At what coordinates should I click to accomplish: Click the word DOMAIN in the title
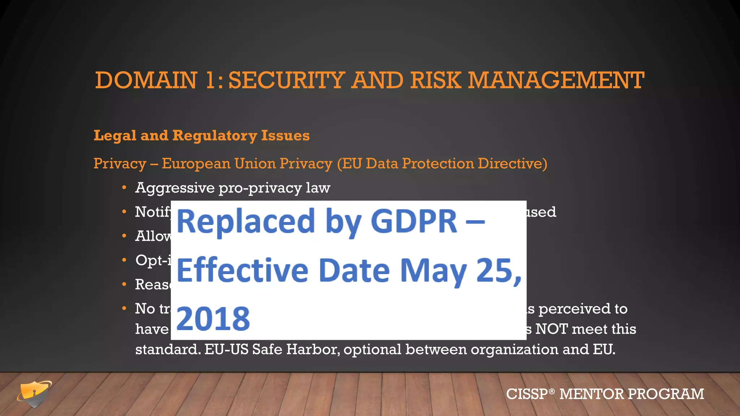pyautogui.click(x=146, y=80)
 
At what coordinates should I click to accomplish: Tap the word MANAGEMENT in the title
pyautogui.click(x=556, y=80)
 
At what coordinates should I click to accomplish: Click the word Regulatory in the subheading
pyautogui.click(x=215, y=136)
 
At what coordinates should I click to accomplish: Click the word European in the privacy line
pyautogui.click(x=196, y=164)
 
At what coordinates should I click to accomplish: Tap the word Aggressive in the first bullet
pyautogui.click(x=175, y=188)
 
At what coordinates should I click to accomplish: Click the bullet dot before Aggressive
pyautogui.click(x=124, y=188)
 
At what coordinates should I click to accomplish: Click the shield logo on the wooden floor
pyautogui.click(x=34, y=394)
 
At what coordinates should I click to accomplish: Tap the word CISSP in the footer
pyautogui.click(x=527, y=394)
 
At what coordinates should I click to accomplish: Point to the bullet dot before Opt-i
pyautogui.click(x=124, y=260)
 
